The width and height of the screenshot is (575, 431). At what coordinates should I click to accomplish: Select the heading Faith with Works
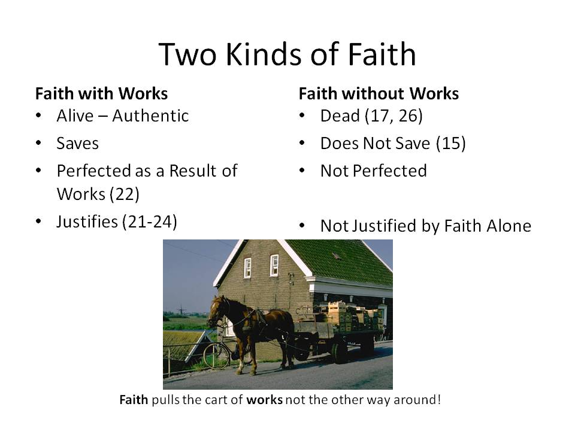click(101, 94)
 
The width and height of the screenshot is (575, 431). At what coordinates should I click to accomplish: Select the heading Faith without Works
click(379, 94)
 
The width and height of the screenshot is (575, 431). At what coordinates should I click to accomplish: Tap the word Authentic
click(150, 116)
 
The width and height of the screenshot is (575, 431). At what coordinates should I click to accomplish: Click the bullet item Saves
click(78, 143)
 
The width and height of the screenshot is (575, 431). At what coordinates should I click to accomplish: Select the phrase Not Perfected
click(373, 171)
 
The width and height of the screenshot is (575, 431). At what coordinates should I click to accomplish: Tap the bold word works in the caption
click(264, 399)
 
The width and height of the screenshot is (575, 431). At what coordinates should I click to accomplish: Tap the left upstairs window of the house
click(247, 268)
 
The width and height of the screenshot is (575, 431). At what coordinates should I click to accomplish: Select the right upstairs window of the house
click(274, 265)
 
